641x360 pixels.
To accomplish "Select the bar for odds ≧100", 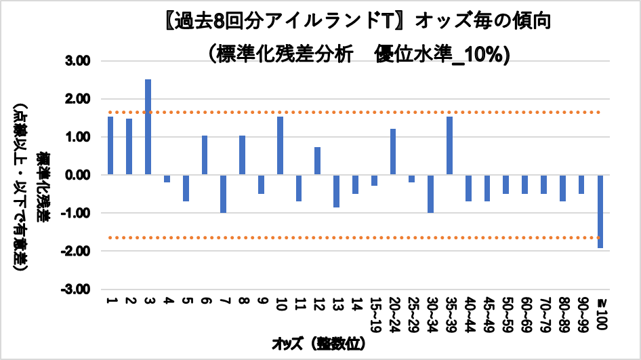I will click(x=600, y=212).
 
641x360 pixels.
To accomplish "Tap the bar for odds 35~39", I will click(x=449, y=146).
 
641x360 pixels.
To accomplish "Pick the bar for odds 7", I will click(x=223, y=194).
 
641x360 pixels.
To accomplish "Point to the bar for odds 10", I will click(x=280, y=146).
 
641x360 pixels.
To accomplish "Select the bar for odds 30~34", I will click(x=430, y=194).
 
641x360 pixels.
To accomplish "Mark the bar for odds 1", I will click(x=110, y=146).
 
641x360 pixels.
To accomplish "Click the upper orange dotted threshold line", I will click(x=339, y=112).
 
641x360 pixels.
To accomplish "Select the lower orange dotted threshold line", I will click(x=339, y=237).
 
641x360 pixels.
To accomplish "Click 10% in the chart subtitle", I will click(x=488, y=53).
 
